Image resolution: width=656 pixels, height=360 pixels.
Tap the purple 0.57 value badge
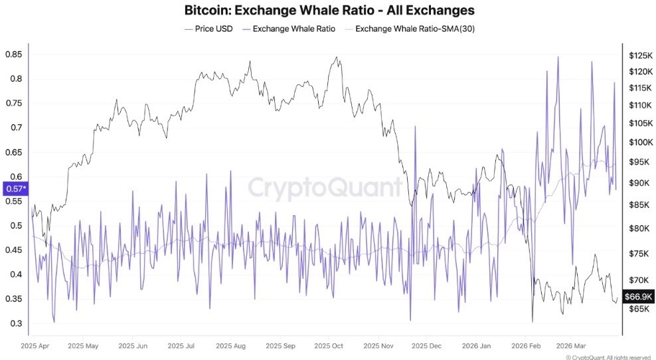15,189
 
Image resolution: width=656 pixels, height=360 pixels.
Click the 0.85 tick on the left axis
13,54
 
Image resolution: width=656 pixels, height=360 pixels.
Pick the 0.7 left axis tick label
13,128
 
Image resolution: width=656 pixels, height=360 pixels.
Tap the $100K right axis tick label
639,142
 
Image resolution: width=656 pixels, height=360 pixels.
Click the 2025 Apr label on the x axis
37,346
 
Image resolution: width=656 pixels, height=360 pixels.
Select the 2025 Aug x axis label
231,346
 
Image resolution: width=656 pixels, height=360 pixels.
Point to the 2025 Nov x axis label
379,346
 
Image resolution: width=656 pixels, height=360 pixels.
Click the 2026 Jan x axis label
477,346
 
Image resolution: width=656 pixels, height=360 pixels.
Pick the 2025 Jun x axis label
133,346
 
